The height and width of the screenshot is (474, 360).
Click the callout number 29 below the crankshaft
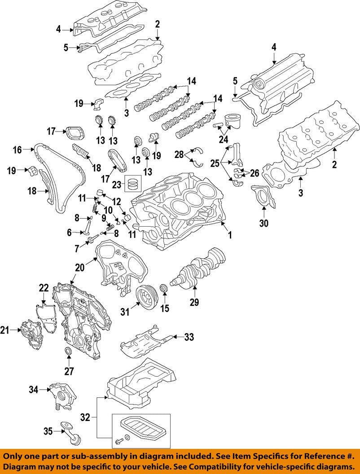tap(194, 303)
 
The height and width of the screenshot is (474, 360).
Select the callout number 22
tap(44, 288)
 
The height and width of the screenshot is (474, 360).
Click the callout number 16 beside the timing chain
tap(17, 150)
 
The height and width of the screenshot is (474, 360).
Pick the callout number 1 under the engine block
tap(229, 234)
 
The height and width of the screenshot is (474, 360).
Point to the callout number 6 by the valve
tap(70, 233)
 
